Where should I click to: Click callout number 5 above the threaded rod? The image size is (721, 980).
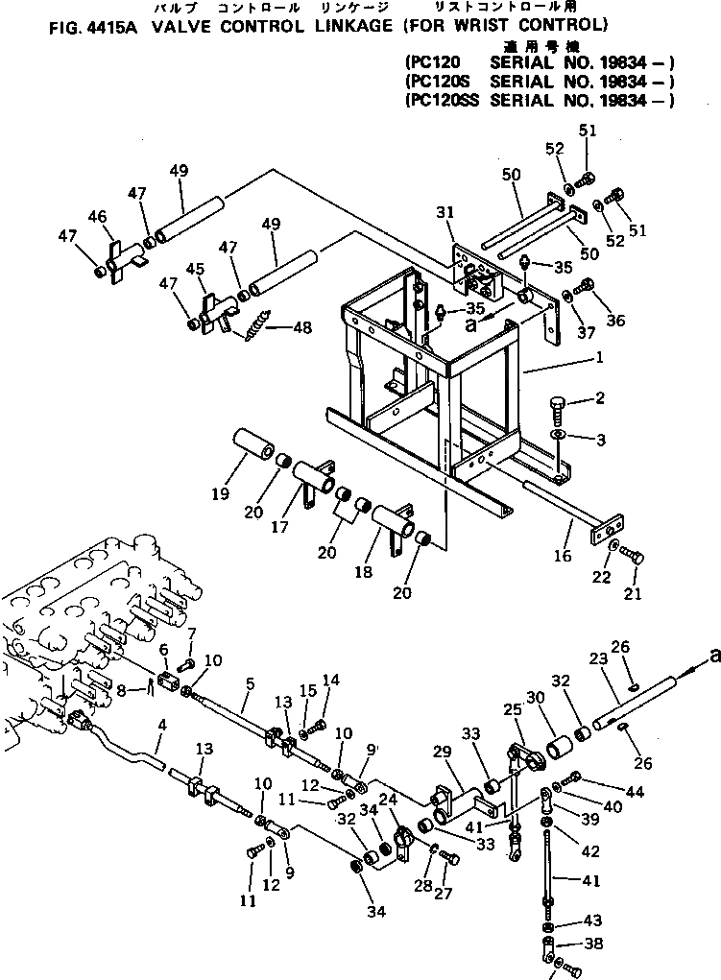point(249,683)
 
